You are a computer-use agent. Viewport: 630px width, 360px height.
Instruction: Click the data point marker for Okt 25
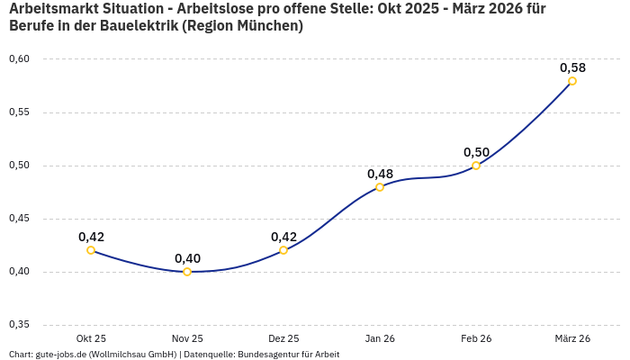(x=91, y=250)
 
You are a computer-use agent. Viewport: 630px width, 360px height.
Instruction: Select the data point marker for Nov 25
(x=187, y=272)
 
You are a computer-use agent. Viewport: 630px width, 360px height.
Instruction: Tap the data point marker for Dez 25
(x=283, y=250)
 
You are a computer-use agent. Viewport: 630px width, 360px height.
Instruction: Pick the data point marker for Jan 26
(x=380, y=187)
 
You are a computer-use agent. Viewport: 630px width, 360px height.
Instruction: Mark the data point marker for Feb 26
(x=476, y=166)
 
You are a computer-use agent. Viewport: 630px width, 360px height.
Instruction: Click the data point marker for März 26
(x=572, y=81)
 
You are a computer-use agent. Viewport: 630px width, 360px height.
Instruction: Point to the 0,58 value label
(x=572, y=67)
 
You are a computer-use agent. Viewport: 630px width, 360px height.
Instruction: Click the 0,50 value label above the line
(x=476, y=152)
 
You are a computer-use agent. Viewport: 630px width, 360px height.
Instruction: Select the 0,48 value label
(x=380, y=174)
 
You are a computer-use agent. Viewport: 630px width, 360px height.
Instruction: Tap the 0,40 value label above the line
(x=187, y=258)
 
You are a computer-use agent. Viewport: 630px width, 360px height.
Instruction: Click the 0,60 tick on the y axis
(x=19, y=59)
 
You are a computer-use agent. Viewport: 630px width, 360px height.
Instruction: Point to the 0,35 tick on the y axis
(x=19, y=325)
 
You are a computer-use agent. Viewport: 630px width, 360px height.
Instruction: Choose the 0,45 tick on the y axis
(x=19, y=219)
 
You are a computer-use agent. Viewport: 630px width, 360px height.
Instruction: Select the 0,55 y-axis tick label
(x=19, y=112)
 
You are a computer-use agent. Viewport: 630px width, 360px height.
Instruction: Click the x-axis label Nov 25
(x=187, y=338)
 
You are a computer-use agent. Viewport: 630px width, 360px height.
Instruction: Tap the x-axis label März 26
(x=572, y=338)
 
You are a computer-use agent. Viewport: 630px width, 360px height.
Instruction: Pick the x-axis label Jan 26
(x=380, y=338)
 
